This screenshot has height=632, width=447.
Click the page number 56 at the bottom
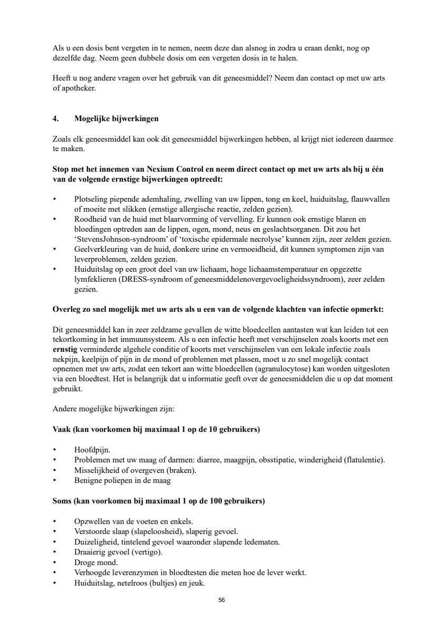coord(222,600)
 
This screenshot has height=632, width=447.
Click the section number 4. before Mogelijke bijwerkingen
coord(56,119)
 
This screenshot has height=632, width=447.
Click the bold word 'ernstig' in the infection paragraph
coord(64,349)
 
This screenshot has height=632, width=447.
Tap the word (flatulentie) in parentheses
coord(364,460)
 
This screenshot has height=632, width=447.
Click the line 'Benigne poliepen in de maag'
coord(122,480)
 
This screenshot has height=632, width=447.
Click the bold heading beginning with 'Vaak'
coord(157,430)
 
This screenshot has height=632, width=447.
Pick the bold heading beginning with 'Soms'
coord(159,501)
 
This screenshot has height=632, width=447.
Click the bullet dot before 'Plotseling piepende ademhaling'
coord(55,199)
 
